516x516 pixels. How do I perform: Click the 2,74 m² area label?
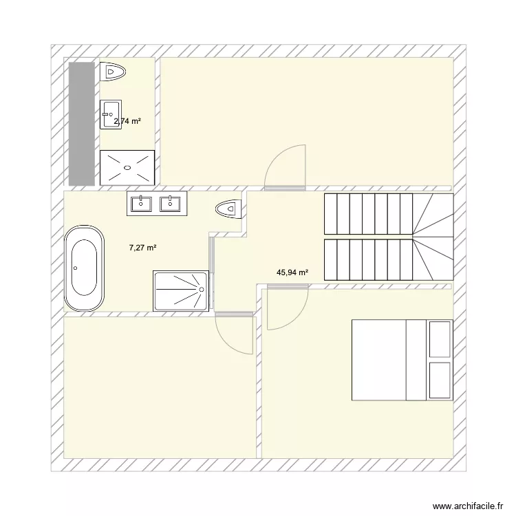[127, 121]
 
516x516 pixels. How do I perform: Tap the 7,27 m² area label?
[142, 248]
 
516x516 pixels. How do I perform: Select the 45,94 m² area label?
[292, 272]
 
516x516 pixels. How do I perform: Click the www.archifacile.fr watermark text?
[468, 506]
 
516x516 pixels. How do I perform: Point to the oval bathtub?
[84, 268]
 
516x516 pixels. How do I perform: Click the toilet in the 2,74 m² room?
[113, 72]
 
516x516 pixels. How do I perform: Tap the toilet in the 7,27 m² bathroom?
[228, 209]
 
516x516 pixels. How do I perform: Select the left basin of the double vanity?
[141, 204]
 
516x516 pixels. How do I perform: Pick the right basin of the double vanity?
[170, 204]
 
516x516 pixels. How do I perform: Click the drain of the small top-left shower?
[127, 167]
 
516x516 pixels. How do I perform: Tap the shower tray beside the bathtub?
[181, 290]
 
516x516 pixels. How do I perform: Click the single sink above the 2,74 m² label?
[111, 114]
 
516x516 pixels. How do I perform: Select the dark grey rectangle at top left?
[82, 124]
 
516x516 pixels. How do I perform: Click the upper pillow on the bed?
[440, 339]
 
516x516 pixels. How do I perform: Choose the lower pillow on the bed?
[440, 380]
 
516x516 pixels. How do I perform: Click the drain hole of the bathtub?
[76, 268]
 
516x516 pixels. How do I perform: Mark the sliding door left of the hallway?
[212, 273]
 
